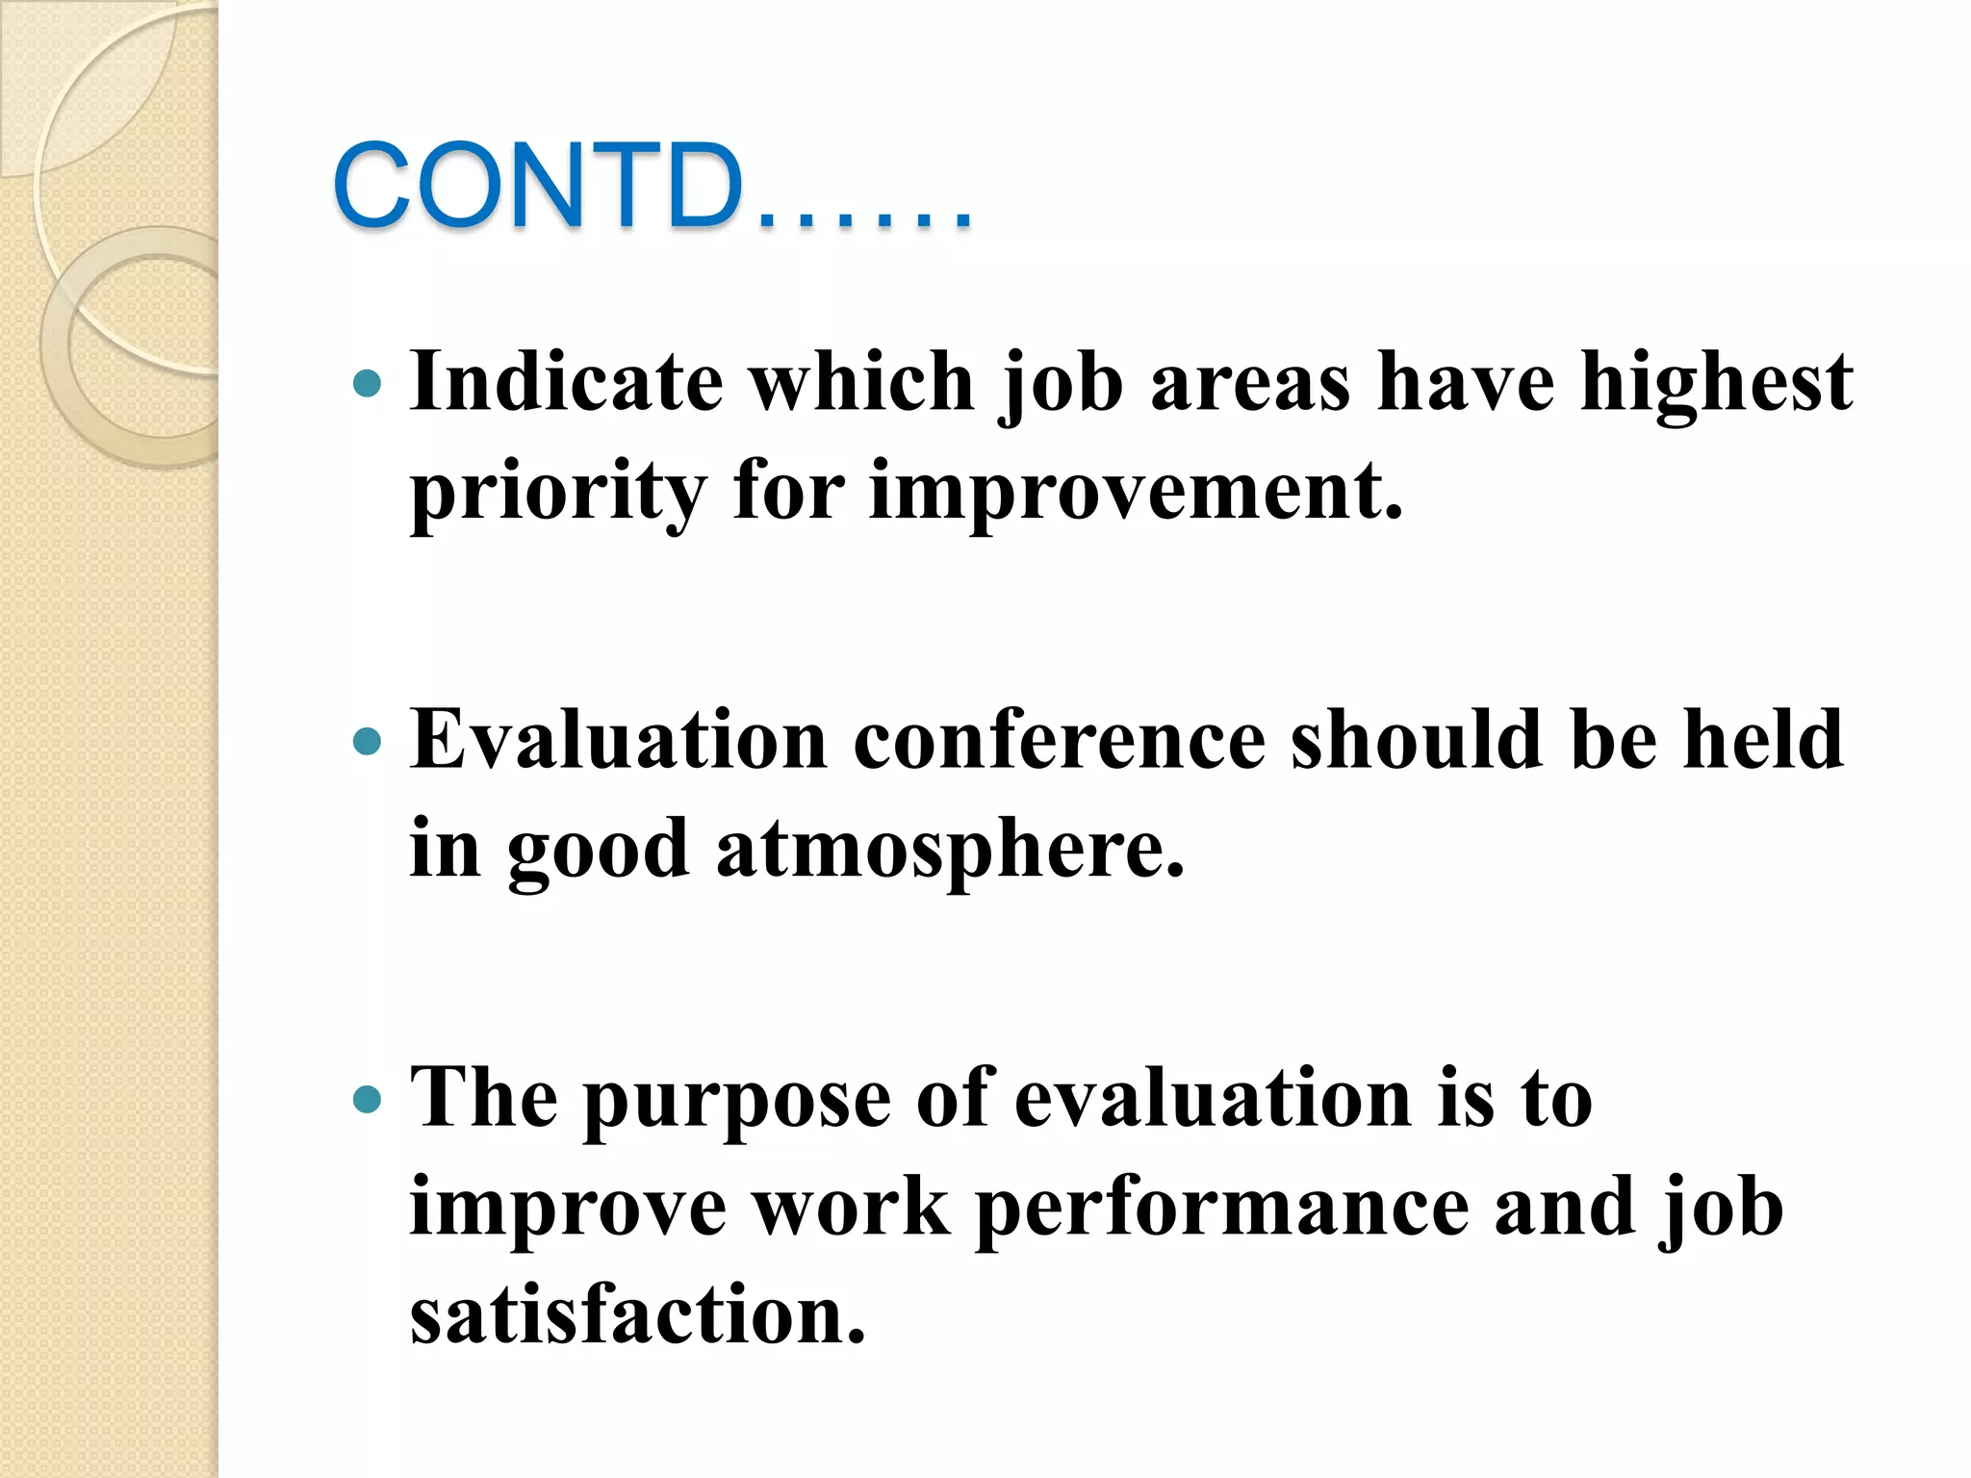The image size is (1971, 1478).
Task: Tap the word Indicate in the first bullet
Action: tap(566, 382)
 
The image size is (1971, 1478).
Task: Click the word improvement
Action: tap(1136, 491)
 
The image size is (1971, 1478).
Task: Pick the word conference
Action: tap(1060, 740)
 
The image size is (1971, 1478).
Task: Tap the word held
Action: tap(1763, 740)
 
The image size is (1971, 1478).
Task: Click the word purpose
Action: tap(737, 1100)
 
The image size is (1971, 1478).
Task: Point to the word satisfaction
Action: tap(638, 1315)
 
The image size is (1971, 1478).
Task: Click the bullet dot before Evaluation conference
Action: tap(368, 742)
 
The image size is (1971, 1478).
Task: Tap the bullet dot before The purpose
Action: tap(368, 1099)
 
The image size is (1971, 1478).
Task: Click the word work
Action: tap(851, 1208)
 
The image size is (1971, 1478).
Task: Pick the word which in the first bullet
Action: tap(862, 382)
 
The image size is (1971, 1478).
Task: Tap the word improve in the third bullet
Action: tap(568, 1209)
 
